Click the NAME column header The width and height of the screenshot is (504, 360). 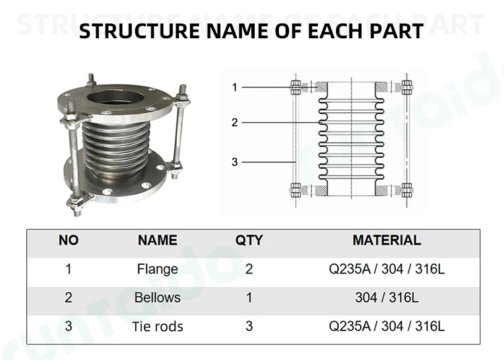(157, 240)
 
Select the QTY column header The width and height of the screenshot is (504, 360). (249, 240)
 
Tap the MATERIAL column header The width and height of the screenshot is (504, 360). (386, 240)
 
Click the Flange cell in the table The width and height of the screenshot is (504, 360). (157, 269)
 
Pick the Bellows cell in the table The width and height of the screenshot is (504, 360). (157, 298)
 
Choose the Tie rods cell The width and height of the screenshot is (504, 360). (157, 326)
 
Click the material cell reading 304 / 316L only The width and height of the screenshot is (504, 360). (386, 298)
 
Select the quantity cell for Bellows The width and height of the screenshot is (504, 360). (249, 298)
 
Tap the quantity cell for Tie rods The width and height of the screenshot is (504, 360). (249, 326)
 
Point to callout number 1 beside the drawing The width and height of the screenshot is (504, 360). (235, 87)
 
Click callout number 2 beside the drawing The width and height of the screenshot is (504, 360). (235, 122)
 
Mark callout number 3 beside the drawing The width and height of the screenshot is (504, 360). (235, 162)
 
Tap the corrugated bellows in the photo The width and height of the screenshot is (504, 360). (114, 144)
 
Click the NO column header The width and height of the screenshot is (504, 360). (69, 240)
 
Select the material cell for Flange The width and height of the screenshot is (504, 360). (386, 269)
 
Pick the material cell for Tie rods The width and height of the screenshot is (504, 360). (386, 326)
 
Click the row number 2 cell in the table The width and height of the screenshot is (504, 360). (69, 298)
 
